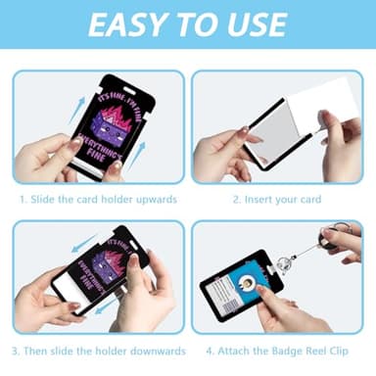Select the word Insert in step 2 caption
258,199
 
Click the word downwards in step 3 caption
158,351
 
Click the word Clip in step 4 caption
340,352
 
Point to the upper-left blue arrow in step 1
77,111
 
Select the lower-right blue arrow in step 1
136,157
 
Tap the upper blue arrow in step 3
85,243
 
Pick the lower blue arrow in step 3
109,305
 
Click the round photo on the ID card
248,281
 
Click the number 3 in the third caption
15,352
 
